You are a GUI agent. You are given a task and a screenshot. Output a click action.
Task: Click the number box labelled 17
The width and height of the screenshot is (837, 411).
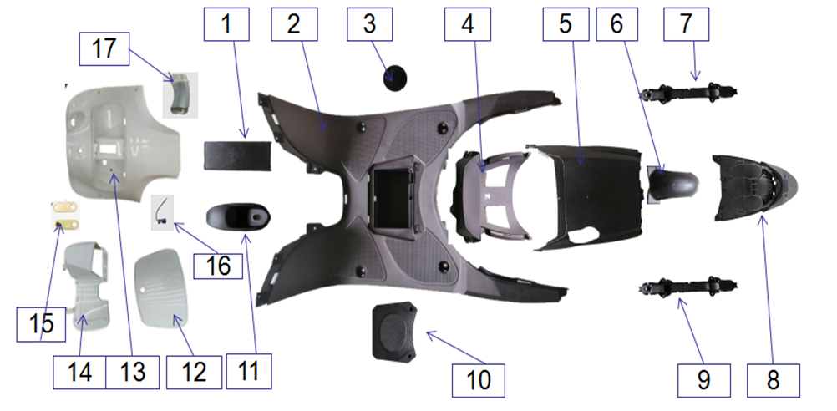(x=104, y=49)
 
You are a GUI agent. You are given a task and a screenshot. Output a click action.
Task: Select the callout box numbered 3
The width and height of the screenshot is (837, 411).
(x=369, y=24)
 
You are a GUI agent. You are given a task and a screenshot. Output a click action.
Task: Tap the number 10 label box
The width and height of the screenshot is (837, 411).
(x=479, y=381)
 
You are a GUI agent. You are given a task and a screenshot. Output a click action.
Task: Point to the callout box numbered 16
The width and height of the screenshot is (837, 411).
(x=218, y=266)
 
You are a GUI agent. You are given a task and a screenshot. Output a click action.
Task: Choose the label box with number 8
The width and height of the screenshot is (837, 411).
(x=773, y=381)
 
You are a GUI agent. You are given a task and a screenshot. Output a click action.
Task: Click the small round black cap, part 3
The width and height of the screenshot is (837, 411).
(x=394, y=79)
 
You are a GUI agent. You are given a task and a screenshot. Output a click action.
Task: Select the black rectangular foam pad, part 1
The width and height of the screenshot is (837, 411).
(x=237, y=156)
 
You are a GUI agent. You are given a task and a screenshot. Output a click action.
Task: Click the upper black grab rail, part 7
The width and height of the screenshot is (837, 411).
(x=688, y=93)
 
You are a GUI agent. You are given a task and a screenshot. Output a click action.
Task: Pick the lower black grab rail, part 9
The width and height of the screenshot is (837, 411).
(x=688, y=287)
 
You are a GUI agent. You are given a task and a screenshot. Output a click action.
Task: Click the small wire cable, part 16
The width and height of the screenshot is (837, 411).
(x=162, y=212)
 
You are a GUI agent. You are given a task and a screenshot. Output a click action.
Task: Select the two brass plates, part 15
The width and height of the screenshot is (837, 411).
(x=65, y=216)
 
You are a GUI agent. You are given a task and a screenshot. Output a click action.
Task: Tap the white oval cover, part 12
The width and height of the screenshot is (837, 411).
(x=160, y=288)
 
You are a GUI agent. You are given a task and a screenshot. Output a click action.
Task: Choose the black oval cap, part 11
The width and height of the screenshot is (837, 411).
(x=238, y=218)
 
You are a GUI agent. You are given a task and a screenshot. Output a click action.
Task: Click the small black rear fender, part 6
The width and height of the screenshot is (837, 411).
(x=673, y=185)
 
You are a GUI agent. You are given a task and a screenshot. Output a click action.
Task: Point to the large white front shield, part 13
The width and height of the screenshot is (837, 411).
(x=123, y=143)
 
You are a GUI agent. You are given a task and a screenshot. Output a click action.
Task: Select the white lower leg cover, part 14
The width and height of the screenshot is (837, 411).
(x=86, y=286)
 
